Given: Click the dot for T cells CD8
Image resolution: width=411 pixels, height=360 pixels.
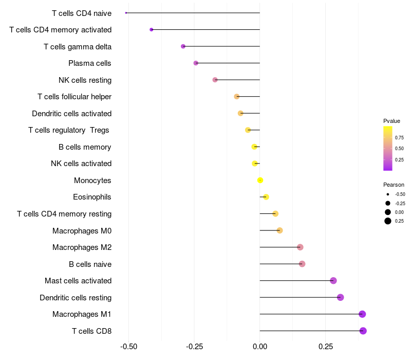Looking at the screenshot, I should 363,331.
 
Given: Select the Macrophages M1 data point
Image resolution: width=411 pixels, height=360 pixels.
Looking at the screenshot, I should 362,314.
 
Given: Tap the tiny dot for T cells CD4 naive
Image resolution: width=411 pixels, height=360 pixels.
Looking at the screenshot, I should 126,13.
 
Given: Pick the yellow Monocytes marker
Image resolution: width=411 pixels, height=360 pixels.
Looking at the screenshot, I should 260,180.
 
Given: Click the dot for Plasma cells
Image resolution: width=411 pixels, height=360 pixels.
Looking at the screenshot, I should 196,63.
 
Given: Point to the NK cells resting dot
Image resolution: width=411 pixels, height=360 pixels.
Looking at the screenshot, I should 215,80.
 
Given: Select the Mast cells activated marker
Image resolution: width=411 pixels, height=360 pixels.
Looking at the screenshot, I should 333,281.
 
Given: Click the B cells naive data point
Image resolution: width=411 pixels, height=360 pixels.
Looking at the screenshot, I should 302,264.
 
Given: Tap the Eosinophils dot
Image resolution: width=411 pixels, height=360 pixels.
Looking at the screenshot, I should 266,197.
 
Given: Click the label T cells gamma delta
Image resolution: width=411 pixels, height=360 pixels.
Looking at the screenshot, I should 78,47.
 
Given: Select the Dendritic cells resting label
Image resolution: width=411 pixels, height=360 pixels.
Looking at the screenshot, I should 76,298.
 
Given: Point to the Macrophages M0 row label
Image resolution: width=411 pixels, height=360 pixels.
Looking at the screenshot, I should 82,230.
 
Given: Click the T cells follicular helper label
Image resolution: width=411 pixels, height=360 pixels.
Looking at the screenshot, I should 74,97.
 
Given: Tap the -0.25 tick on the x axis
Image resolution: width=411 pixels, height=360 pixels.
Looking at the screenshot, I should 194,347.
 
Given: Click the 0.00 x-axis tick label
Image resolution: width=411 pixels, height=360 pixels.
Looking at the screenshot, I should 260,347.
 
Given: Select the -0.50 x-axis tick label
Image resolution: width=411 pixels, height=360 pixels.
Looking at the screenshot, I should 128,347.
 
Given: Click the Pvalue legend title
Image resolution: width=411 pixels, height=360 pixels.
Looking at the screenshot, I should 391,121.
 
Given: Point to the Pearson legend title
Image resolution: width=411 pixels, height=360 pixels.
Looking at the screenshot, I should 394,185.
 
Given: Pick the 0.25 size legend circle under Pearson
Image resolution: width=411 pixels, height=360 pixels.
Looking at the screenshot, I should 388,221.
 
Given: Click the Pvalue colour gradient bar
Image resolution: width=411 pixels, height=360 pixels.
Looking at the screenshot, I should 388,148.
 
